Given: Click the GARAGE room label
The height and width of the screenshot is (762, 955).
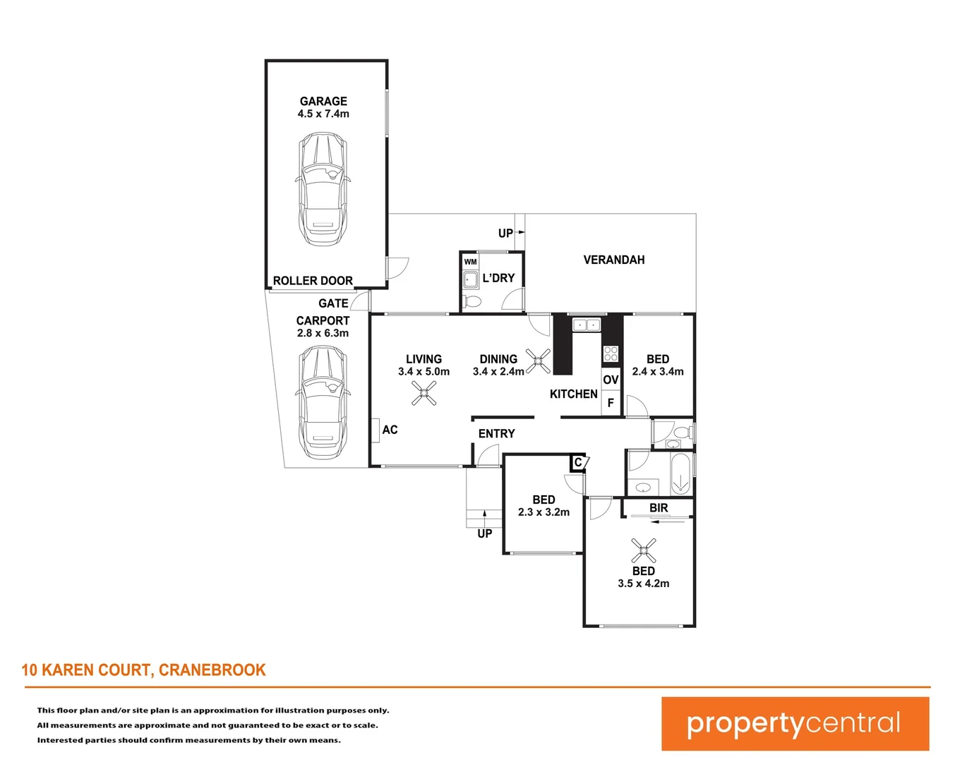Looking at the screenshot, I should (x=323, y=101).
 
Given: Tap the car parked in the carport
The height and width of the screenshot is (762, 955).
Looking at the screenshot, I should (x=323, y=403).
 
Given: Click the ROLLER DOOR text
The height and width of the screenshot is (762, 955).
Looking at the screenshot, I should (x=313, y=281).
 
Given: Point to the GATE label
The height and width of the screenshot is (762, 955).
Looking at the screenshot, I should (x=333, y=303).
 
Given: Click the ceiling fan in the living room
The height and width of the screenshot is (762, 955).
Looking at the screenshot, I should (x=424, y=394).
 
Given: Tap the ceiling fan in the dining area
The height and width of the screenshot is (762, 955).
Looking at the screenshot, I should (x=539, y=361).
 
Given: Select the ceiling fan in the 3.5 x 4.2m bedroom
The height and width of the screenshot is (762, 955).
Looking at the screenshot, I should (x=644, y=550).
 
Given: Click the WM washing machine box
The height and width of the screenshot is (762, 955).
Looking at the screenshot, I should (x=470, y=262).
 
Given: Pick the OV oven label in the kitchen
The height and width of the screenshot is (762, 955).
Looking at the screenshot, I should (x=611, y=380).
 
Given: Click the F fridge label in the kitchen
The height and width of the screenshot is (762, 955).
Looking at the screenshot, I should (x=611, y=403).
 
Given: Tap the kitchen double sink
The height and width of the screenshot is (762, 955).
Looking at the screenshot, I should (x=586, y=325).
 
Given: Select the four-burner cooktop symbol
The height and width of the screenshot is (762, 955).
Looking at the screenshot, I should (x=611, y=353).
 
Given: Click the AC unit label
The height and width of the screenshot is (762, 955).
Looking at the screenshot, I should (x=390, y=430).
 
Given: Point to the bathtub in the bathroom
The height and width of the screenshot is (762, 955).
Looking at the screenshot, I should (x=680, y=474).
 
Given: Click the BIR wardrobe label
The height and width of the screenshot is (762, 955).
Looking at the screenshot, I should (x=659, y=508).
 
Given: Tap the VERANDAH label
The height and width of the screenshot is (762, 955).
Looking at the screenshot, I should (x=614, y=260).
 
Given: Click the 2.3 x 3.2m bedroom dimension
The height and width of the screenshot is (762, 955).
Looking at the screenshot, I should (x=543, y=512).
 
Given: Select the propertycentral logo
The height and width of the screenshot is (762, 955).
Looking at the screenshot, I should (x=795, y=724).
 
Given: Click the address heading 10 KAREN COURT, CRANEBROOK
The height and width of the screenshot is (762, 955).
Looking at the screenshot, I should (x=144, y=670).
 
